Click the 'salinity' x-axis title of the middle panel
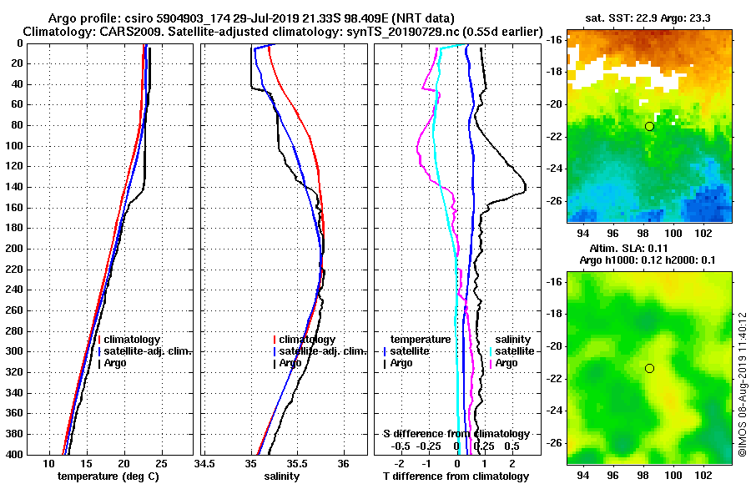[x=282, y=476]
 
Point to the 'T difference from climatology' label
[x=456, y=476]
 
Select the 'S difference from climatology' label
[x=456, y=434]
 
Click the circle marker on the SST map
[x=649, y=126]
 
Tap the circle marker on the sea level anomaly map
[x=649, y=368]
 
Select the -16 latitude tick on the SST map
[x=554, y=39]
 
